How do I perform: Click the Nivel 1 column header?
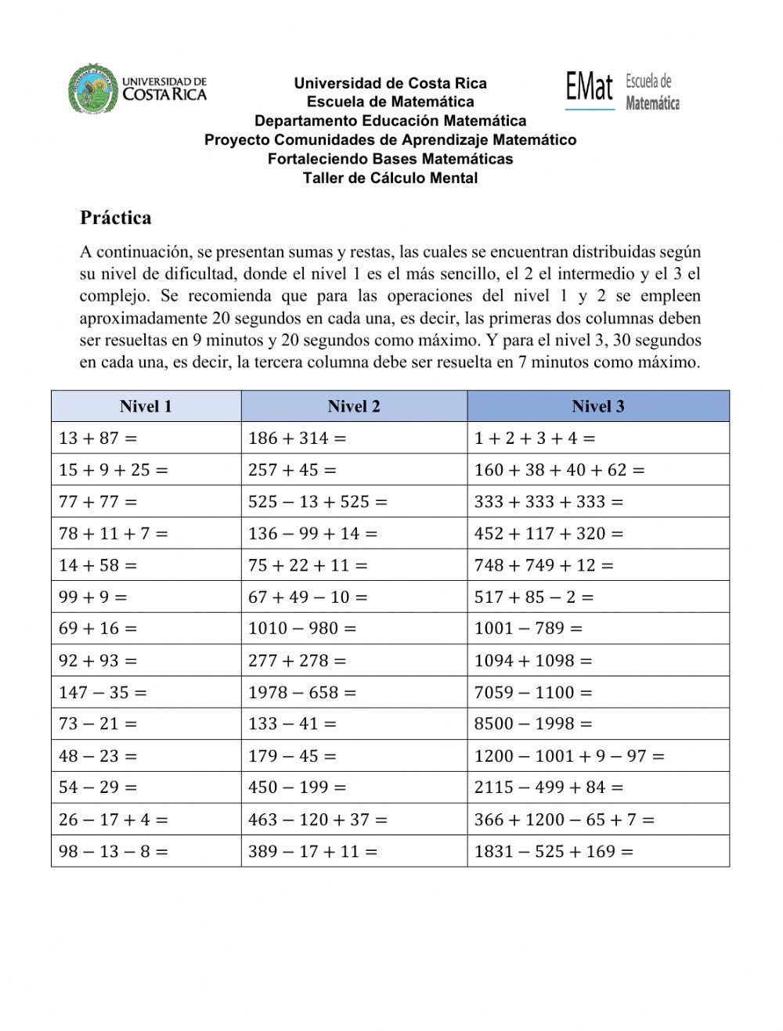(x=146, y=406)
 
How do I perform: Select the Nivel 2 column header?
(x=354, y=406)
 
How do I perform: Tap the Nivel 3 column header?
(x=598, y=406)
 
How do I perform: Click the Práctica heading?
(x=115, y=218)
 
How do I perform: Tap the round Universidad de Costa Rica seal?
(x=93, y=88)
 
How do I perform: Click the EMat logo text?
(x=590, y=87)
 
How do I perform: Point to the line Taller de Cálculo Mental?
(x=390, y=178)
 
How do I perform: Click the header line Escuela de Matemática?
(x=390, y=102)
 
